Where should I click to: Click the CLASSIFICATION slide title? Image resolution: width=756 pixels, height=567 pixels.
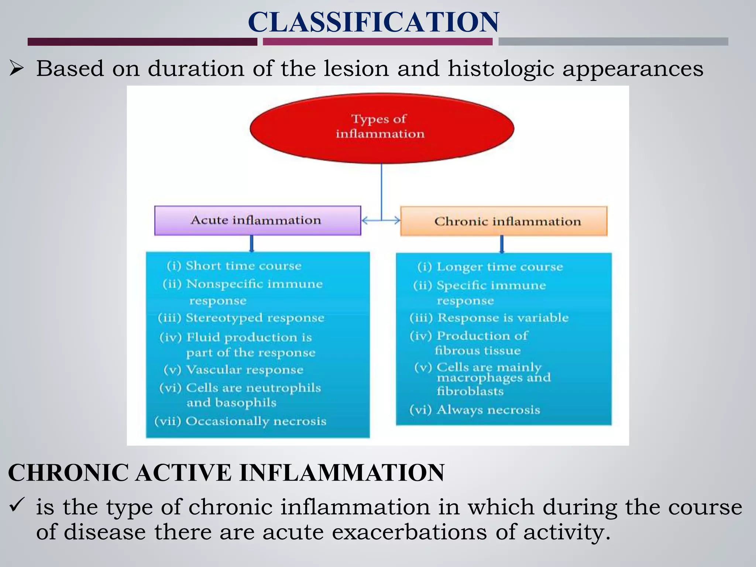pyautogui.click(x=374, y=22)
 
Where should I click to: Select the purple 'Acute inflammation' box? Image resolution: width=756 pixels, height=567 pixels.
pyautogui.click(x=257, y=220)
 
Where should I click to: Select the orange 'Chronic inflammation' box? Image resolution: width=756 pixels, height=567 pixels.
pyautogui.click(x=504, y=221)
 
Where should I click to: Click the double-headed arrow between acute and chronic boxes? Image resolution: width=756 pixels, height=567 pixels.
pyautogui.click(x=381, y=220)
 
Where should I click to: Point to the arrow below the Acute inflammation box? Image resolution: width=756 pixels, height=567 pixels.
pyautogui.click(x=252, y=244)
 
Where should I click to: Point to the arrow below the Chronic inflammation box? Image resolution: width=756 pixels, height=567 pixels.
pyautogui.click(x=502, y=244)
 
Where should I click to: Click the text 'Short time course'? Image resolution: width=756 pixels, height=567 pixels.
pyautogui.click(x=243, y=266)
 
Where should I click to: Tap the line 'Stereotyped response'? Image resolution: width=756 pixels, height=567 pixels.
pyautogui.click(x=255, y=318)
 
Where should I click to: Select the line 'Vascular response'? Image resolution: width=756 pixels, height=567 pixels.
pyautogui.click(x=244, y=370)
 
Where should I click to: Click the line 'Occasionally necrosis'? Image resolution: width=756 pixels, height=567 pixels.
pyautogui.click(x=255, y=421)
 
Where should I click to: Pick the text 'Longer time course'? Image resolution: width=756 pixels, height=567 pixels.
pyautogui.click(x=499, y=267)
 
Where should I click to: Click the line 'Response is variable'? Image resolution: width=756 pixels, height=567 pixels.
pyautogui.click(x=503, y=318)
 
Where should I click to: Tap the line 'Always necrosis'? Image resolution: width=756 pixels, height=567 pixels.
pyautogui.click(x=488, y=410)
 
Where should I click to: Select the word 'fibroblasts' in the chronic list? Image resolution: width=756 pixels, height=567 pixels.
pyautogui.click(x=470, y=391)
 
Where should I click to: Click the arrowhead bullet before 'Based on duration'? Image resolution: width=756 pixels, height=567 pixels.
pyautogui.click(x=17, y=68)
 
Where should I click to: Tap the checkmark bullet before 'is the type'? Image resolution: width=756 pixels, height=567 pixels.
pyautogui.click(x=17, y=504)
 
